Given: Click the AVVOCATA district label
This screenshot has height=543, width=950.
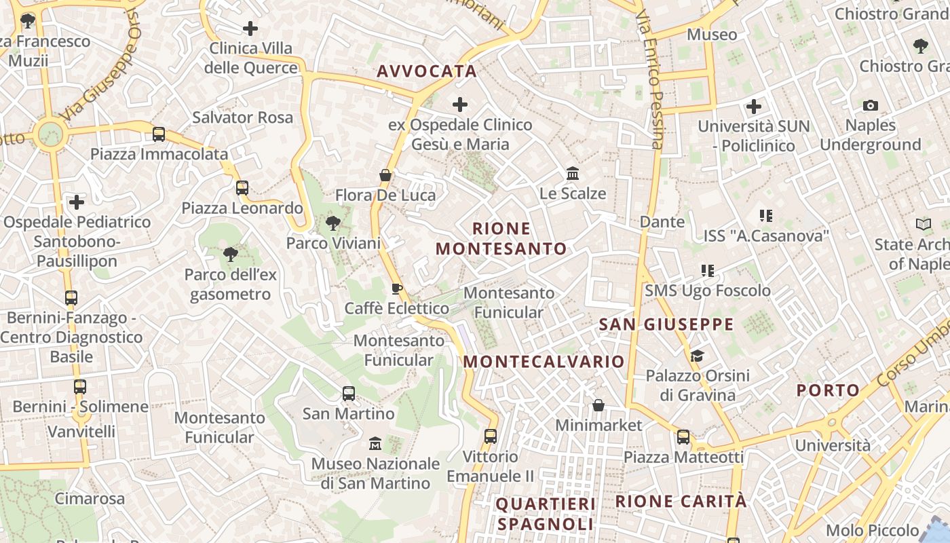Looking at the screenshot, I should click(427, 71).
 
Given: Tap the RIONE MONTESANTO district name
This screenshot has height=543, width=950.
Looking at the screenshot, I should click(501, 238).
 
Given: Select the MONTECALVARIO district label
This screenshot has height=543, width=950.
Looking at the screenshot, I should click(544, 361).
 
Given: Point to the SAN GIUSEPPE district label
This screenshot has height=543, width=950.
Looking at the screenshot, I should click(666, 324).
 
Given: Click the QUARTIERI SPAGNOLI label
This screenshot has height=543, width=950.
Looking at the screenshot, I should click(546, 514).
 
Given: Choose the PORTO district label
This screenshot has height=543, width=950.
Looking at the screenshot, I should click(828, 390).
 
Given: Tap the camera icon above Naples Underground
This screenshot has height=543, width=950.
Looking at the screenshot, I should click(870, 105).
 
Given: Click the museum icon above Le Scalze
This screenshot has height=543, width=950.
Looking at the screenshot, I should click(573, 174).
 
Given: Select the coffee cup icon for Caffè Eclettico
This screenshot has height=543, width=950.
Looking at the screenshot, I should click(397, 288).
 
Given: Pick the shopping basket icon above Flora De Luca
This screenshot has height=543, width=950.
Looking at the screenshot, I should click(385, 175).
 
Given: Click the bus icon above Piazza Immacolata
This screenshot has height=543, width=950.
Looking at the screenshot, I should click(159, 134).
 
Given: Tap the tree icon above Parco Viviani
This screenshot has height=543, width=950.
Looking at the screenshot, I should click(332, 222).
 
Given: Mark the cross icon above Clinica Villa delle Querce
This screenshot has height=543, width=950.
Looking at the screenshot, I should click(250, 29).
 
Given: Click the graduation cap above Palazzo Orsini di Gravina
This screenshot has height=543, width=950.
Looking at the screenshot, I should click(697, 356).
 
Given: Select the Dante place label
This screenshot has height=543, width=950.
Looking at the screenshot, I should click(662, 222).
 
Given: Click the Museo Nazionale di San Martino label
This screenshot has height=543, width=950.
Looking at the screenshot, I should click(375, 473).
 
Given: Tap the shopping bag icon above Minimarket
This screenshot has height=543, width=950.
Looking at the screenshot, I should click(598, 405).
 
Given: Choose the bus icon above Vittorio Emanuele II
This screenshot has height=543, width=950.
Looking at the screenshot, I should click(491, 436).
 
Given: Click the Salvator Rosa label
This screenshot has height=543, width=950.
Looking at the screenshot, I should click(242, 117).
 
